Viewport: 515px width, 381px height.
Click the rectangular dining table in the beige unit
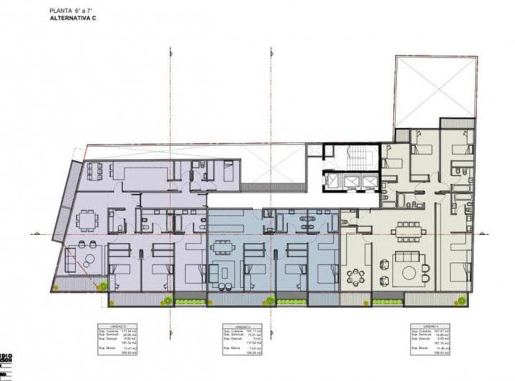point(408,228)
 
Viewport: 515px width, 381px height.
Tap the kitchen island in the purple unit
point(142,174)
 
